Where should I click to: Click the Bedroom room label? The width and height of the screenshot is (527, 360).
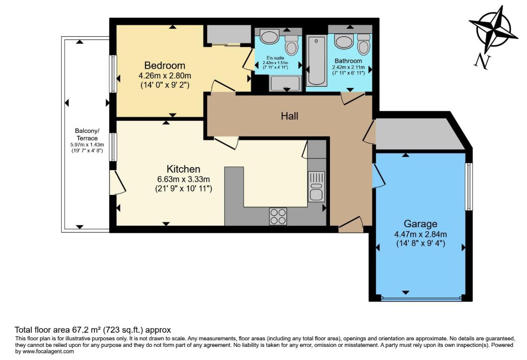[165, 65]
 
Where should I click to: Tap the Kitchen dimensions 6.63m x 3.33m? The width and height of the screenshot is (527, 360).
[183, 179]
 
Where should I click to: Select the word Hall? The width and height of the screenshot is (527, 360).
[290, 116]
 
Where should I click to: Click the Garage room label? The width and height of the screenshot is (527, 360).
[420, 224]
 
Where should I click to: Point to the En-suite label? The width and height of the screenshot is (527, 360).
[275, 58]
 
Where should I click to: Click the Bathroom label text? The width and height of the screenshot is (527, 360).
[348, 61]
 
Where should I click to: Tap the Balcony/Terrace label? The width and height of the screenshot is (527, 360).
[87, 134]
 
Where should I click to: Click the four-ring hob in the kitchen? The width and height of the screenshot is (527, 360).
[278, 217]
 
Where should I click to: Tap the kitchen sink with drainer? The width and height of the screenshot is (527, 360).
[316, 186]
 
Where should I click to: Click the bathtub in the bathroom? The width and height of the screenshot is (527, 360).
[316, 61]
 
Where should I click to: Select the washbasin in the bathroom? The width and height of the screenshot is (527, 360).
[344, 41]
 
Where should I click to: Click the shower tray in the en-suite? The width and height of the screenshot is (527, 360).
[285, 83]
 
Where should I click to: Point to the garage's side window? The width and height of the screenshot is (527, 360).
[469, 187]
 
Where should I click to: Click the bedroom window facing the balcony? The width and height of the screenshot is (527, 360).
[113, 74]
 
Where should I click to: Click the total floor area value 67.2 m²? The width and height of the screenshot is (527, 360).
[87, 330]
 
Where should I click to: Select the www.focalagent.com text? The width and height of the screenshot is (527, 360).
[47, 351]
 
